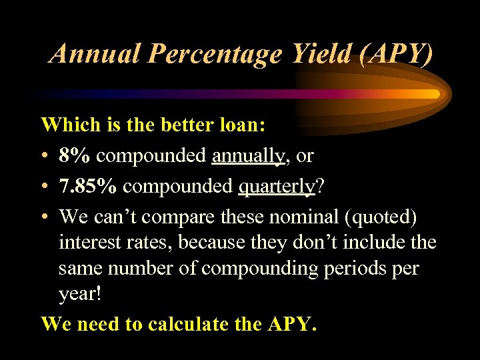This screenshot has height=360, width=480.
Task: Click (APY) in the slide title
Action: [395, 53]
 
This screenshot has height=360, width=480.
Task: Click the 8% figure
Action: [75, 156]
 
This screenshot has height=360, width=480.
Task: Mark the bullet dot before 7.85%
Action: [45, 187]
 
